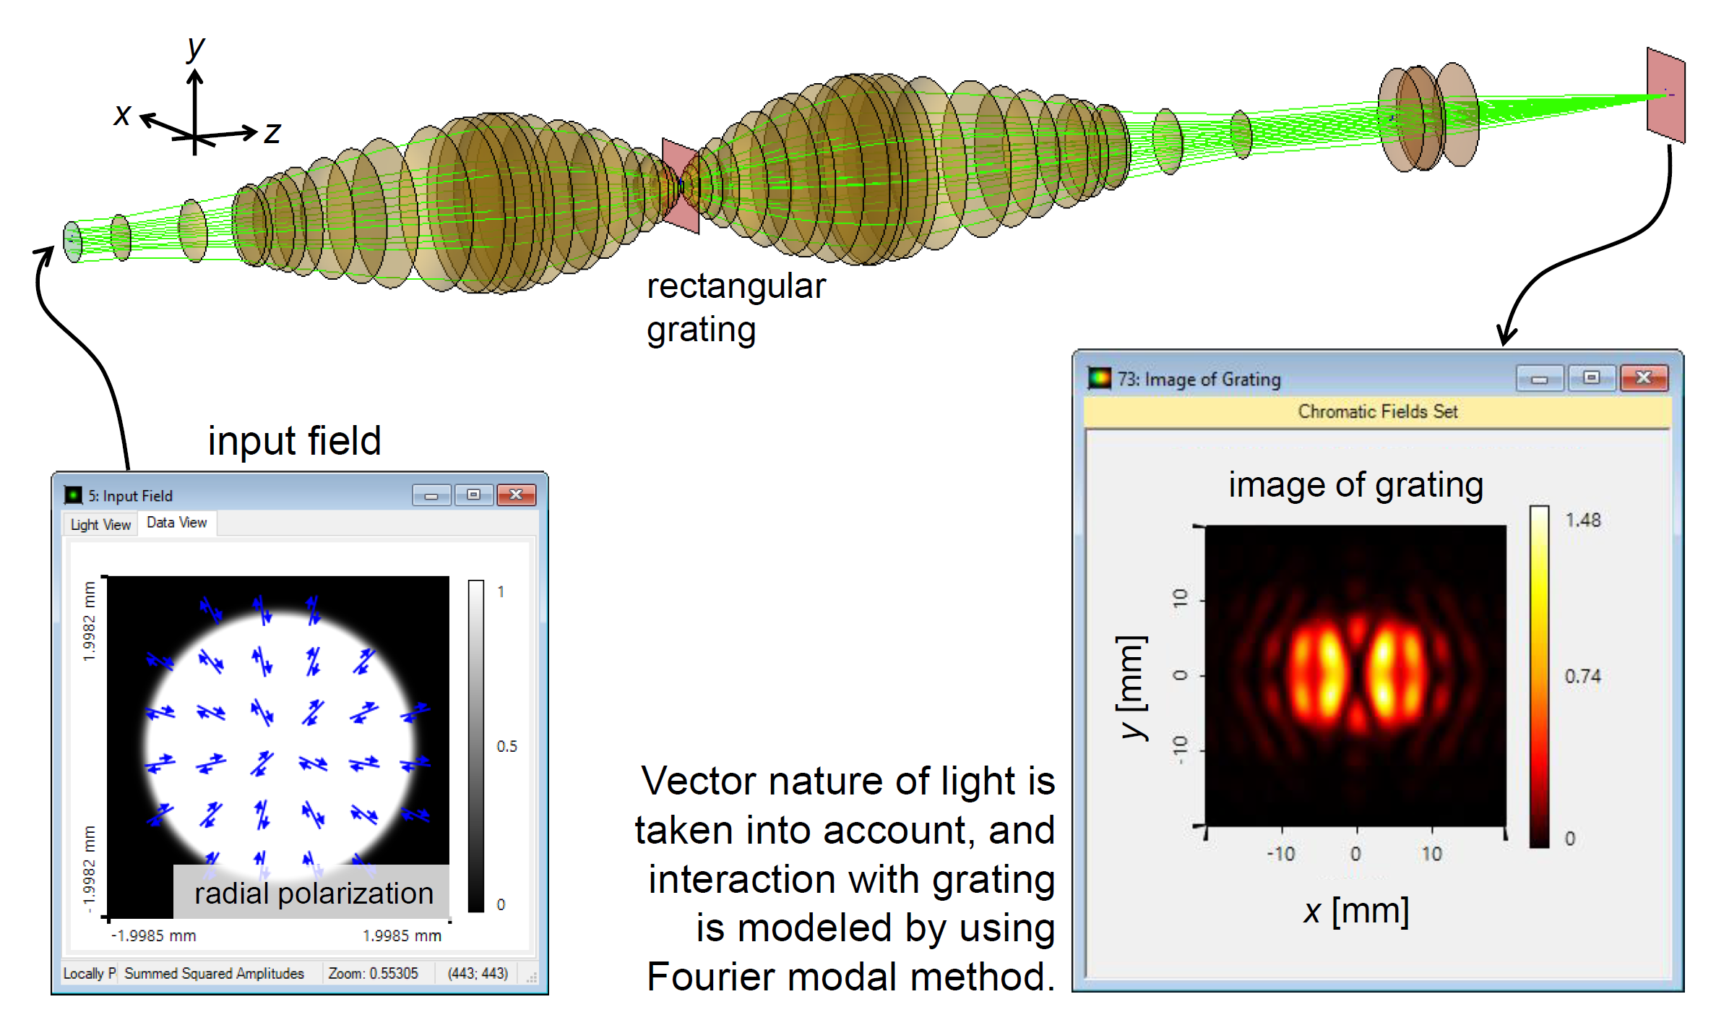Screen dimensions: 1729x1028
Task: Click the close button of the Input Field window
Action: [516, 494]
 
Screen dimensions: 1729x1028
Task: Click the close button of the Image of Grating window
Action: [1644, 377]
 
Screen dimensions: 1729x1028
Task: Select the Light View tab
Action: [100, 524]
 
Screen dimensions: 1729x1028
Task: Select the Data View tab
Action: [177, 522]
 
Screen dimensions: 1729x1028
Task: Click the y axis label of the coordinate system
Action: [196, 49]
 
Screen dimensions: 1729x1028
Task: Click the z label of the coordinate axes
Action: [272, 133]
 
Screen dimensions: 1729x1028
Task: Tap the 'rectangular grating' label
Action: [736, 308]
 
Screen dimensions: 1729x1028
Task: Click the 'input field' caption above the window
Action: [294, 440]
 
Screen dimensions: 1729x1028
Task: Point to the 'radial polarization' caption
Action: [314, 894]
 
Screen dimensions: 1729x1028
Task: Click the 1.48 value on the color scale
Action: [1582, 520]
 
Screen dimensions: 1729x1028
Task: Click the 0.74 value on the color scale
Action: [1582, 676]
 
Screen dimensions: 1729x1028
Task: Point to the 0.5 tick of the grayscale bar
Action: [506, 746]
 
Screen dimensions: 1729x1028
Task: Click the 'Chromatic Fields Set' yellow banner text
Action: [1378, 411]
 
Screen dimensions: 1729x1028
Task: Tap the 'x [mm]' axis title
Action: [1356, 911]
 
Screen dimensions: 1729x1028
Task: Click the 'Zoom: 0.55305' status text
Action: [373, 973]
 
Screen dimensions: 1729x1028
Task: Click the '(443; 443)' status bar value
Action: [478, 973]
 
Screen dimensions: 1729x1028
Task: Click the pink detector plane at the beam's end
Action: [1665, 95]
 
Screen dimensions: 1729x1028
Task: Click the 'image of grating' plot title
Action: [1355, 485]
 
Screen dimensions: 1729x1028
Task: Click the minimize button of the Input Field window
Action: [431, 494]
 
